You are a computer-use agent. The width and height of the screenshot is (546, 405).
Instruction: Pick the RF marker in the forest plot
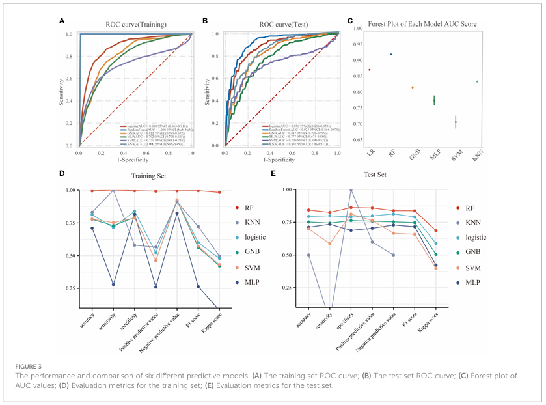click(x=391, y=55)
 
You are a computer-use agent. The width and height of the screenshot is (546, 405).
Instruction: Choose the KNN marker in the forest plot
click(x=477, y=81)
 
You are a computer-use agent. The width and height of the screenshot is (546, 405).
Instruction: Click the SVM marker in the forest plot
click(x=456, y=122)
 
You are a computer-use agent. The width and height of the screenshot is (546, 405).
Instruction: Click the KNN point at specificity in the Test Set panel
click(x=351, y=189)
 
